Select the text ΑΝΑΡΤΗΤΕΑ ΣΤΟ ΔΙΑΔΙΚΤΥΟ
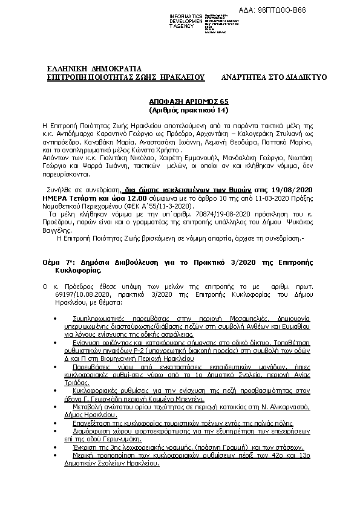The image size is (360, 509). (x=274, y=78)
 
